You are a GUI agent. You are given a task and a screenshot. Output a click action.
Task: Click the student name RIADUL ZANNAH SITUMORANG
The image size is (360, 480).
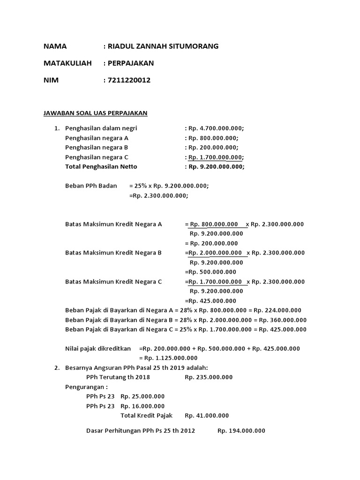tap(163, 46)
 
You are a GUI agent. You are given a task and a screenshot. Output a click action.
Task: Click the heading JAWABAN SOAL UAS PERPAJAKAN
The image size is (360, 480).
tap(95, 113)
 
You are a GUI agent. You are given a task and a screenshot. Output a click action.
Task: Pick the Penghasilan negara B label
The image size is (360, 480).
tap(97, 147)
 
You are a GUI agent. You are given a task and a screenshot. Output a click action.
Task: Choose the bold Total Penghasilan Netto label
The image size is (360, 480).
tap(101, 166)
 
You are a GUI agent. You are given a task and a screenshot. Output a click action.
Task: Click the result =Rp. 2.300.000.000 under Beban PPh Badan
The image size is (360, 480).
tap(158, 195)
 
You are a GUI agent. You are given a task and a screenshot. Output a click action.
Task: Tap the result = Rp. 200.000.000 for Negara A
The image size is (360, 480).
tap(211, 243)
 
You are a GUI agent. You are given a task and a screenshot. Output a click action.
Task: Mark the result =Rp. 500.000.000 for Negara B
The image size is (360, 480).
tap(210, 272)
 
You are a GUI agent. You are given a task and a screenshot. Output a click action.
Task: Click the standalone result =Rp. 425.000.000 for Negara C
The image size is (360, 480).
tap(210, 301)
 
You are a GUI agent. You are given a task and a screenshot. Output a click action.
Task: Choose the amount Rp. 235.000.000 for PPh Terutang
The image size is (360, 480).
tap(209, 377)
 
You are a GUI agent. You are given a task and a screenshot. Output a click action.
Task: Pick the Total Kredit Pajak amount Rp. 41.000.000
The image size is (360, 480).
tap(207, 415)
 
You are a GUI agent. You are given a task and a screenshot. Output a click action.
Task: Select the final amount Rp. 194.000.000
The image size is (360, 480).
tap(241, 431)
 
